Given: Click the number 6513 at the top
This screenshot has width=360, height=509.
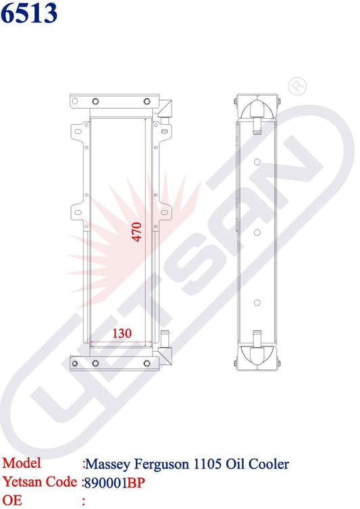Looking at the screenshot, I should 29,14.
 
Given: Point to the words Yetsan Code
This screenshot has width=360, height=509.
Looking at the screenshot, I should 39,482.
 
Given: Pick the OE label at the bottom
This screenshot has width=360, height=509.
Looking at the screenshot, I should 14,500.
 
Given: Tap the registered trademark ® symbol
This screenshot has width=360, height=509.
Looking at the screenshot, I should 297,86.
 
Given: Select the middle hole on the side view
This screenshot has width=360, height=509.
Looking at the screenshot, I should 257,232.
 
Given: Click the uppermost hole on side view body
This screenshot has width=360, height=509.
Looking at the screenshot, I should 257,162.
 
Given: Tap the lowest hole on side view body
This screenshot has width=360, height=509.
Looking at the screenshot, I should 257,302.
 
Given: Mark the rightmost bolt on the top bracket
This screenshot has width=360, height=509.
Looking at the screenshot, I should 147,102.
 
